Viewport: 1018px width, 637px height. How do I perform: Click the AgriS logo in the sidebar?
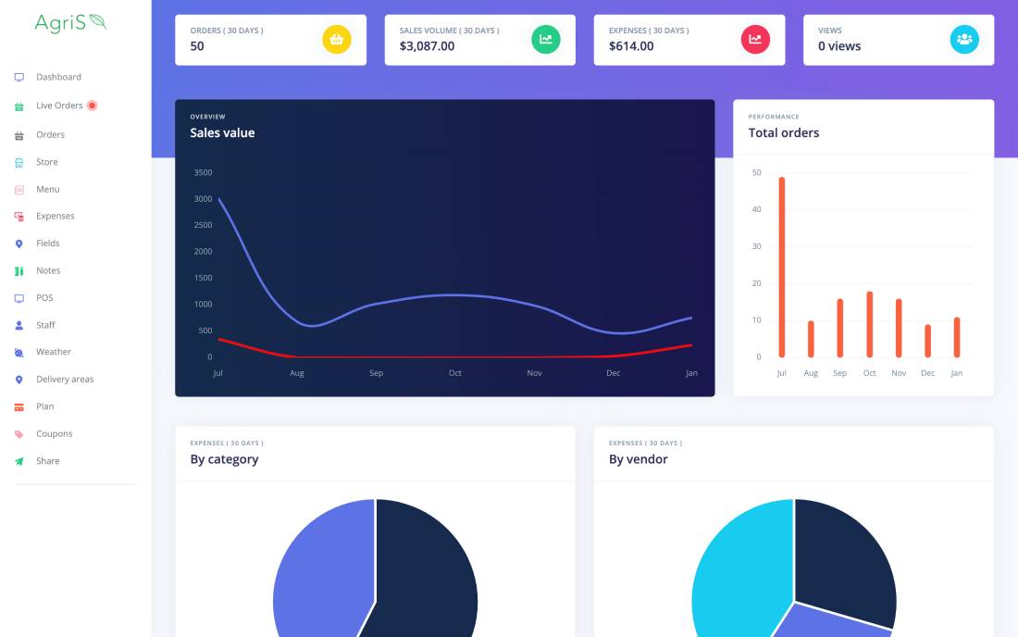[70, 22]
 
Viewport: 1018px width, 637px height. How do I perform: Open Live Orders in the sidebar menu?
[59, 106]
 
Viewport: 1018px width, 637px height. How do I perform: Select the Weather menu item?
[53, 352]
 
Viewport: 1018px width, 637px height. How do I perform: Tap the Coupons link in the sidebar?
[54, 433]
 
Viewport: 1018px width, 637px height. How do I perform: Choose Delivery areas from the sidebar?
[65, 379]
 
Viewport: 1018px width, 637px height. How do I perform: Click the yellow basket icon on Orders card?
[337, 40]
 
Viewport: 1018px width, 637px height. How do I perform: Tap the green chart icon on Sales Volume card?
[546, 40]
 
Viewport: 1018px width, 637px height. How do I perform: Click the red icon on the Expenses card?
[755, 40]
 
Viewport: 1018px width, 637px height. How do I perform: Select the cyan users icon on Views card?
[964, 40]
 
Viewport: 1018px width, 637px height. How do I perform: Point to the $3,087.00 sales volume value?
[427, 46]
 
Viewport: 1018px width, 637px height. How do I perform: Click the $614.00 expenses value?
[631, 46]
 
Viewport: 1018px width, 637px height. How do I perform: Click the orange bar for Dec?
[927, 341]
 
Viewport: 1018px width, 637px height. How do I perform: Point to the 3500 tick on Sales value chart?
[203, 172]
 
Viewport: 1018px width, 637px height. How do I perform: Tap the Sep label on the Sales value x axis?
[376, 373]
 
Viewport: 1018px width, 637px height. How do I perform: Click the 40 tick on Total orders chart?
[757, 209]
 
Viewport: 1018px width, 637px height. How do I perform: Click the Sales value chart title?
[222, 133]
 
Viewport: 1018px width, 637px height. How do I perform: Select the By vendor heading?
[638, 459]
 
